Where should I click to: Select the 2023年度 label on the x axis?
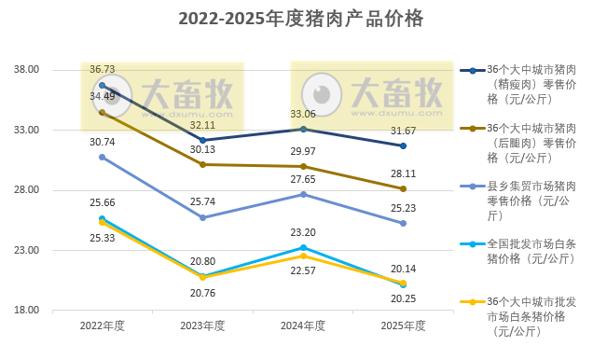202,325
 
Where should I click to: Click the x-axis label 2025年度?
403,325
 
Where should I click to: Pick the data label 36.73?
102,70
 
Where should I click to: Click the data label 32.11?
202,124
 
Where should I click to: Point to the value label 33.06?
303,114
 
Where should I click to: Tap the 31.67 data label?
403,130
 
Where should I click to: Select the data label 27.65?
303,178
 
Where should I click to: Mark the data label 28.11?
403,173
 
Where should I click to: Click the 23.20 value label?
303,232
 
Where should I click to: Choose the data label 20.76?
202,292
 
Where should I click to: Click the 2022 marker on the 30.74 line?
102,157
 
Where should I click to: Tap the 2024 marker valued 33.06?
303,129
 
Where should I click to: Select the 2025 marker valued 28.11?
403,188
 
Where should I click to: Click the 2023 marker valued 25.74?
202,217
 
